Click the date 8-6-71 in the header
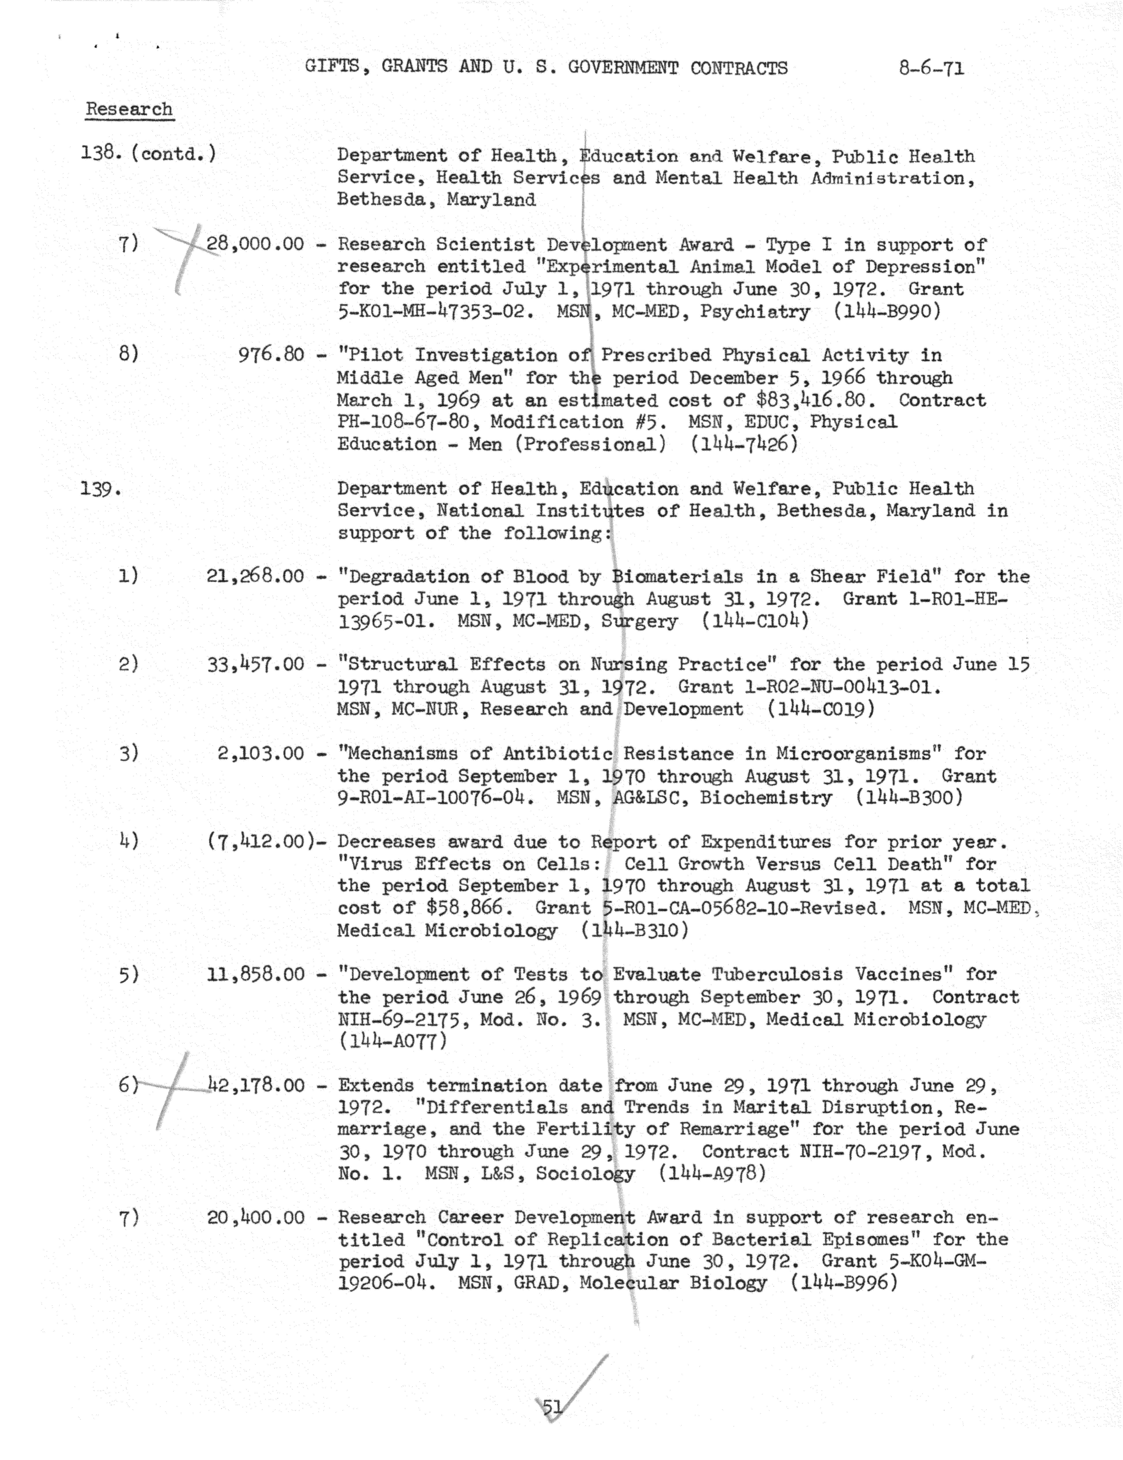point(931,68)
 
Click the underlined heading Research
point(129,109)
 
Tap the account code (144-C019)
point(821,709)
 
